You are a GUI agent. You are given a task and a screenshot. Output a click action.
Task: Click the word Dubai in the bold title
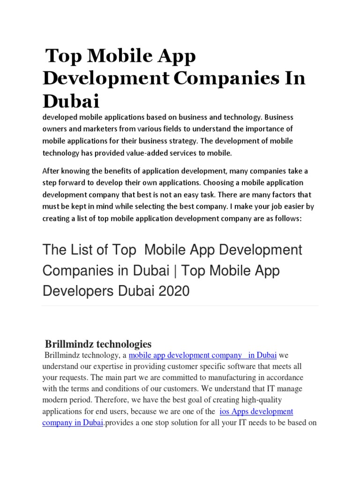click(x=71, y=101)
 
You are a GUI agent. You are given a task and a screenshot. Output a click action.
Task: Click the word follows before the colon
click(x=285, y=218)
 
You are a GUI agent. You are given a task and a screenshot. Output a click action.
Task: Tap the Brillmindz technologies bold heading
click(x=97, y=344)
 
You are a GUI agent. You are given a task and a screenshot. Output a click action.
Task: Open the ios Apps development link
click(x=256, y=411)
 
